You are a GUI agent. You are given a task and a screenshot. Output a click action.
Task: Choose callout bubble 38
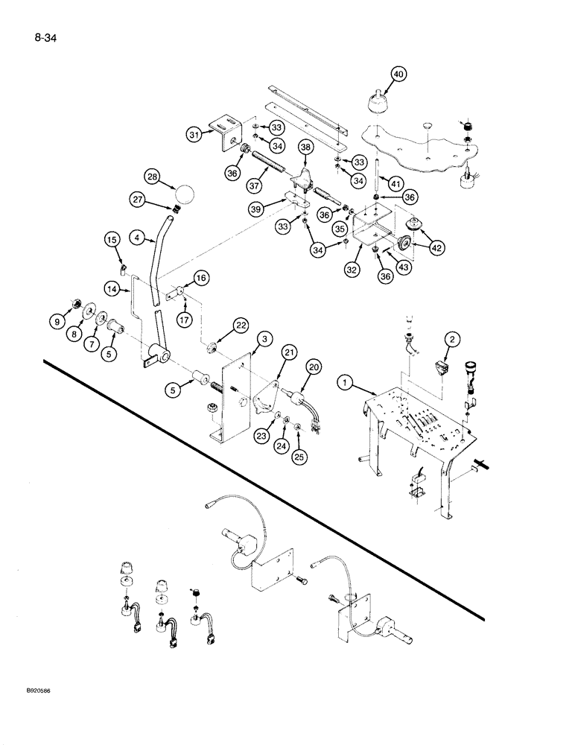tap(305, 148)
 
